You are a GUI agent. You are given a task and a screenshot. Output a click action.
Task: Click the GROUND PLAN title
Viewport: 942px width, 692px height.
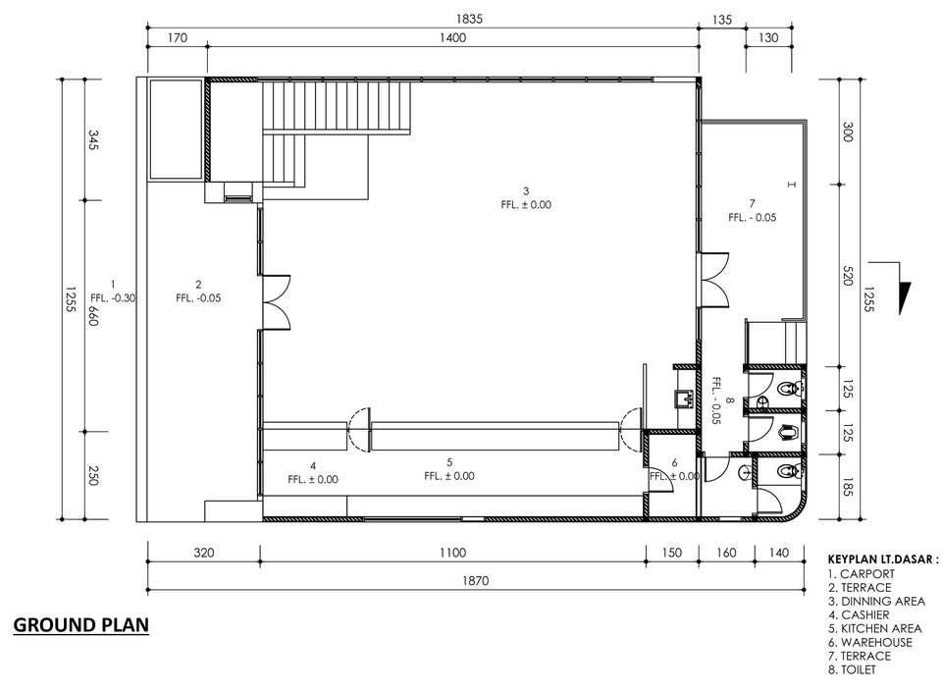pyautogui.click(x=81, y=626)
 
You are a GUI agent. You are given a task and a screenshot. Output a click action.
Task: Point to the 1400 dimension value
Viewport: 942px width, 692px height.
pyautogui.click(x=452, y=38)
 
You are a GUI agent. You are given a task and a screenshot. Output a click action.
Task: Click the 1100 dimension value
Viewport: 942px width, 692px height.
pyautogui.click(x=452, y=553)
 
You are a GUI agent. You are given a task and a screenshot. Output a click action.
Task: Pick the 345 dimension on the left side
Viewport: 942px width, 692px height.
pyautogui.click(x=94, y=140)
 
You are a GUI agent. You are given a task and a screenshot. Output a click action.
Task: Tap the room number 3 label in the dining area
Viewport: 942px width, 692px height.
pyautogui.click(x=526, y=190)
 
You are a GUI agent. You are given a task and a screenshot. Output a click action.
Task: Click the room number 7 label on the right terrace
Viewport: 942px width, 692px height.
pyautogui.click(x=752, y=202)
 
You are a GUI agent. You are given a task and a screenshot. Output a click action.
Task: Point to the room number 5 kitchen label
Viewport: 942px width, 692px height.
pyautogui.click(x=449, y=461)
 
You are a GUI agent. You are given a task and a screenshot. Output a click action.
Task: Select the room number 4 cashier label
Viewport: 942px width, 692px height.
pyautogui.click(x=312, y=465)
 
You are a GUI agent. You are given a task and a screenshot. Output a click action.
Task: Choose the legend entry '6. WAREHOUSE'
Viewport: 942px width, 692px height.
pyautogui.click(x=869, y=642)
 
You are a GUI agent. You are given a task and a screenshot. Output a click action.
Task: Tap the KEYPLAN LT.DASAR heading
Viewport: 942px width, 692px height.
pyautogui.click(x=883, y=559)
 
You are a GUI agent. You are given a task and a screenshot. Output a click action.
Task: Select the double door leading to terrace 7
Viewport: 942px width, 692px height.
pyautogui.click(x=713, y=279)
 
